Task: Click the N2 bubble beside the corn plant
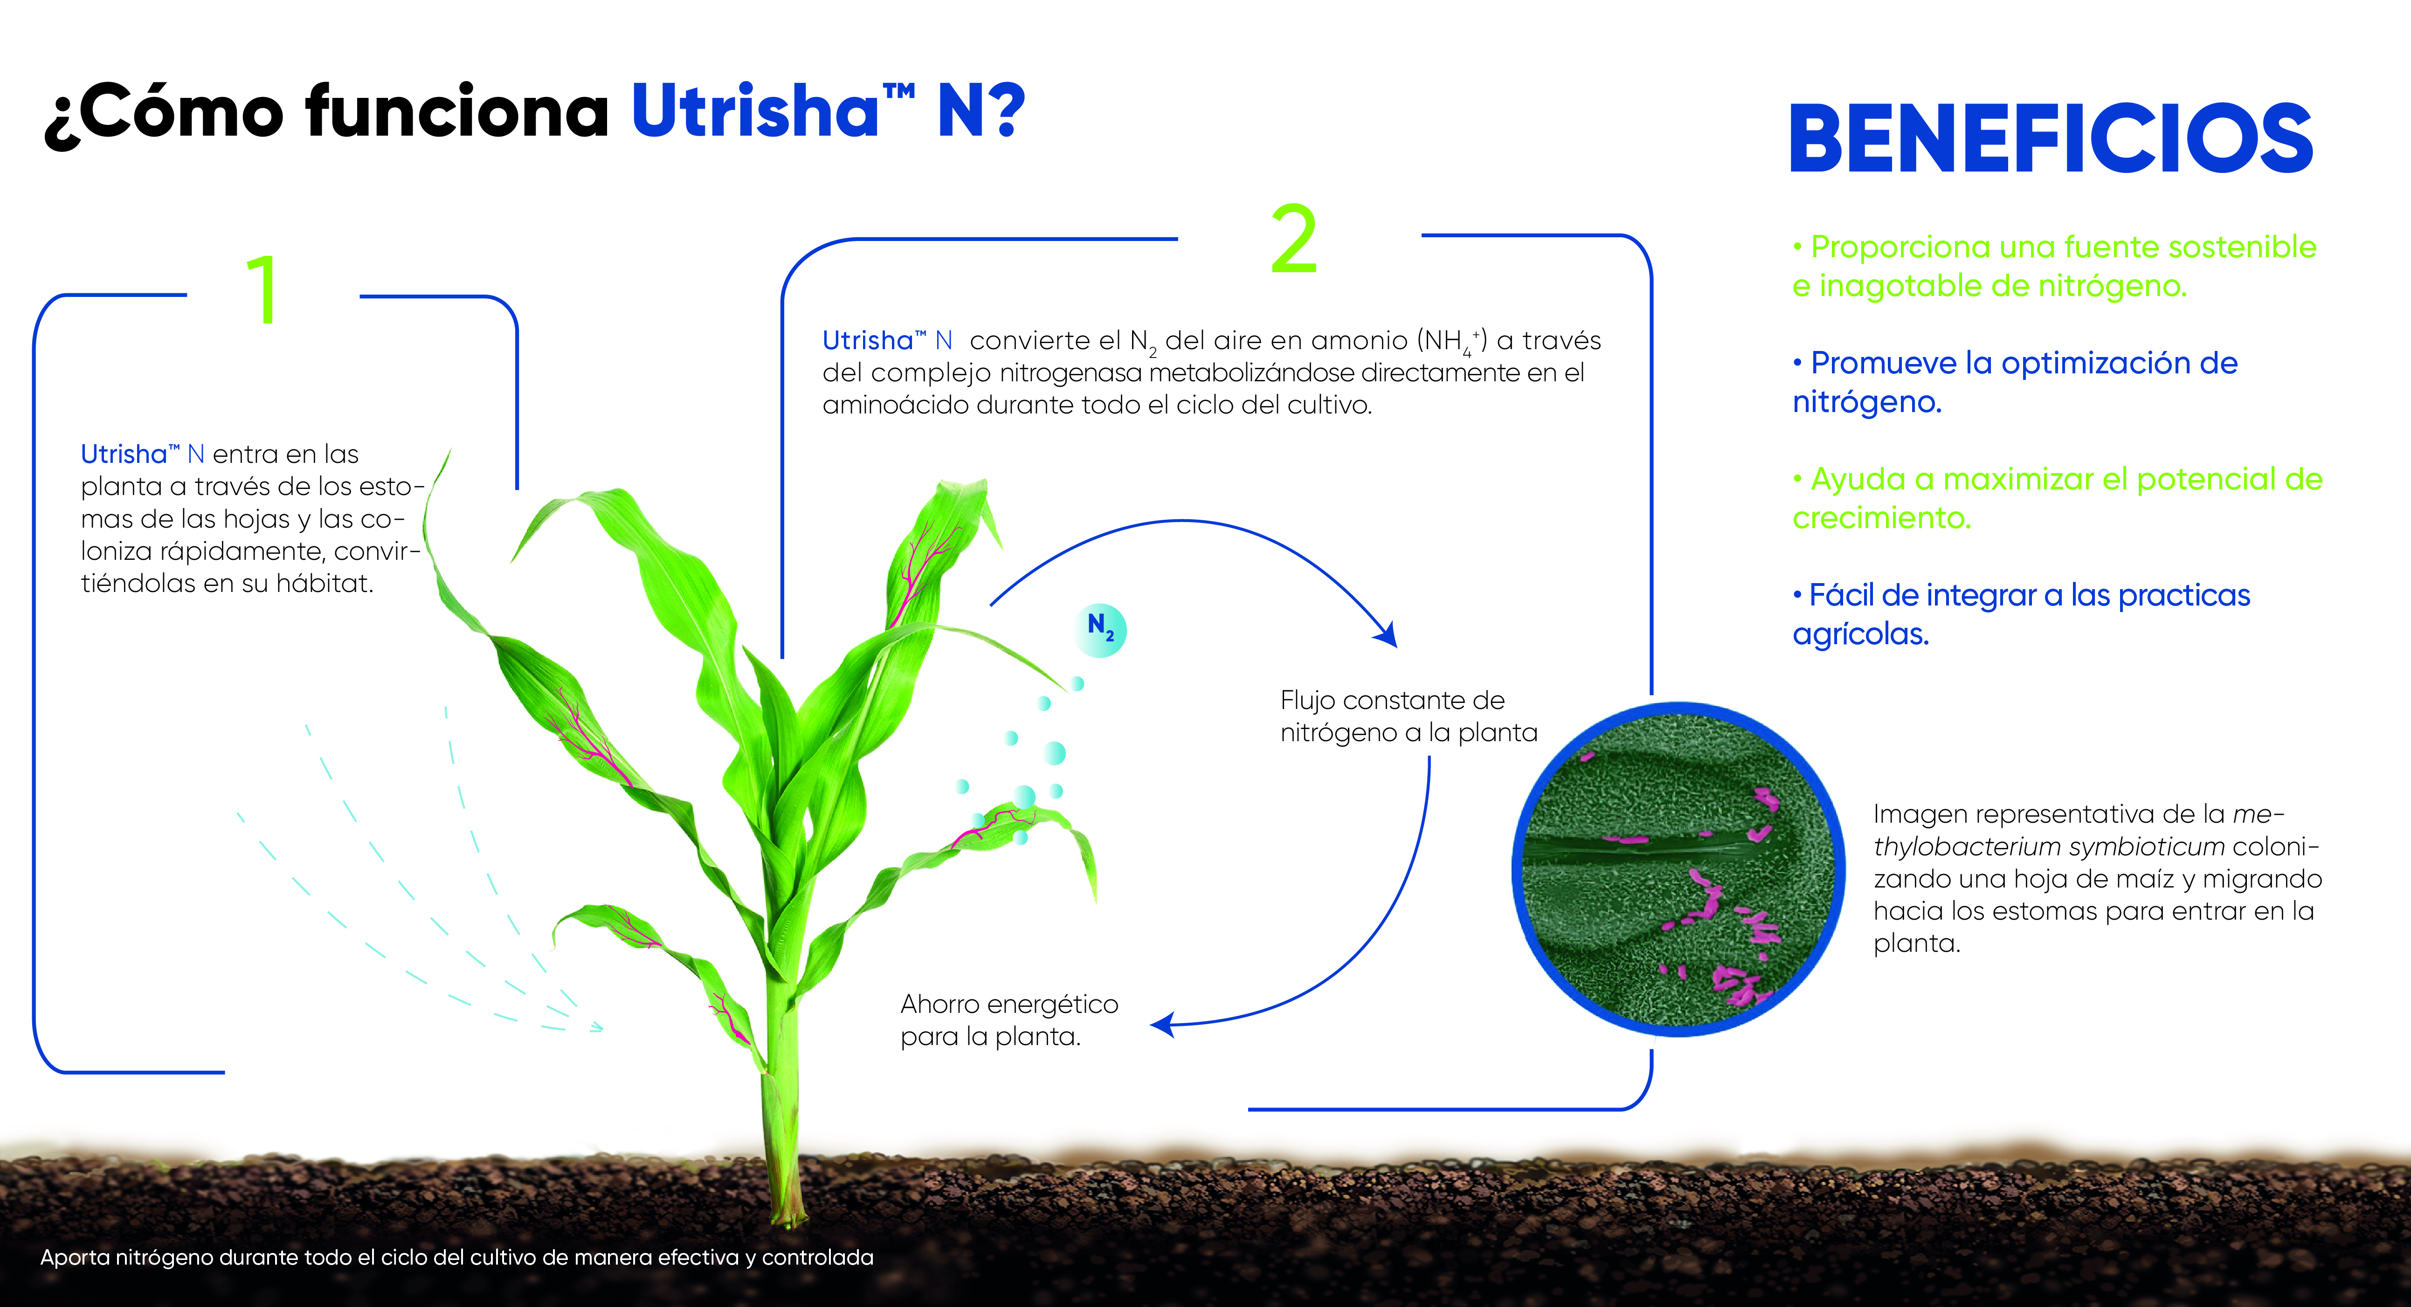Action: pyautogui.click(x=1101, y=630)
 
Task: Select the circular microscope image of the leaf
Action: pyautogui.click(x=1677, y=870)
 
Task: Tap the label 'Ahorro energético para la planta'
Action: pyautogui.click(x=1009, y=1020)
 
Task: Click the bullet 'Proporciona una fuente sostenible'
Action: pyautogui.click(x=2054, y=266)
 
